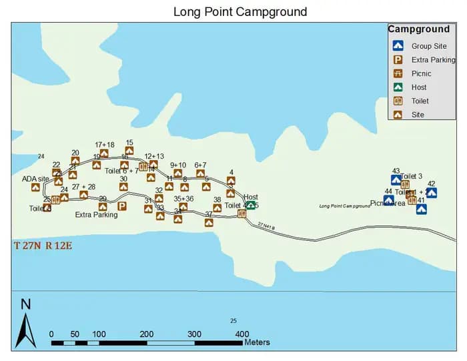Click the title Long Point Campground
pyautogui.click(x=240, y=11)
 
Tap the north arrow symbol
pyautogui.click(x=25, y=326)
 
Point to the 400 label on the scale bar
pyautogui.click(x=242, y=334)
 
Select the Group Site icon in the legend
pyautogui.click(x=398, y=46)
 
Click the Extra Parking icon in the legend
pyautogui.click(x=398, y=60)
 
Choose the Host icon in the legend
pyautogui.click(x=398, y=87)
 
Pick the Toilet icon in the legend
pyautogui.click(x=398, y=101)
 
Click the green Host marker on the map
pyautogui.click(x=250, y=206)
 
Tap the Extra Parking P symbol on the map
pyautogui.click(x=122, y=206)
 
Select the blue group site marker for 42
pyautogui.click(x=432, y=193)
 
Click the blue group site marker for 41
pyautogui.click(x=421, y=209)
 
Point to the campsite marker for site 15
pyautogui.click(x=129, y=151)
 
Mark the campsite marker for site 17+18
pyautogui.click(x=104, y=153)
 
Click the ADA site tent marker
pyautogui.click(x=35, y=188)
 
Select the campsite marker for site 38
pyautogui.click(x=217, y=208)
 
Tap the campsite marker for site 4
pyautogui.click(x=231, y=181)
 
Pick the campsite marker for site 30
pyautogui.click(x=123, y=187)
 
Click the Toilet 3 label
pyautogui.click(x=411, y=176)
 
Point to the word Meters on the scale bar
pyautogui.click(x=258, y=342)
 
